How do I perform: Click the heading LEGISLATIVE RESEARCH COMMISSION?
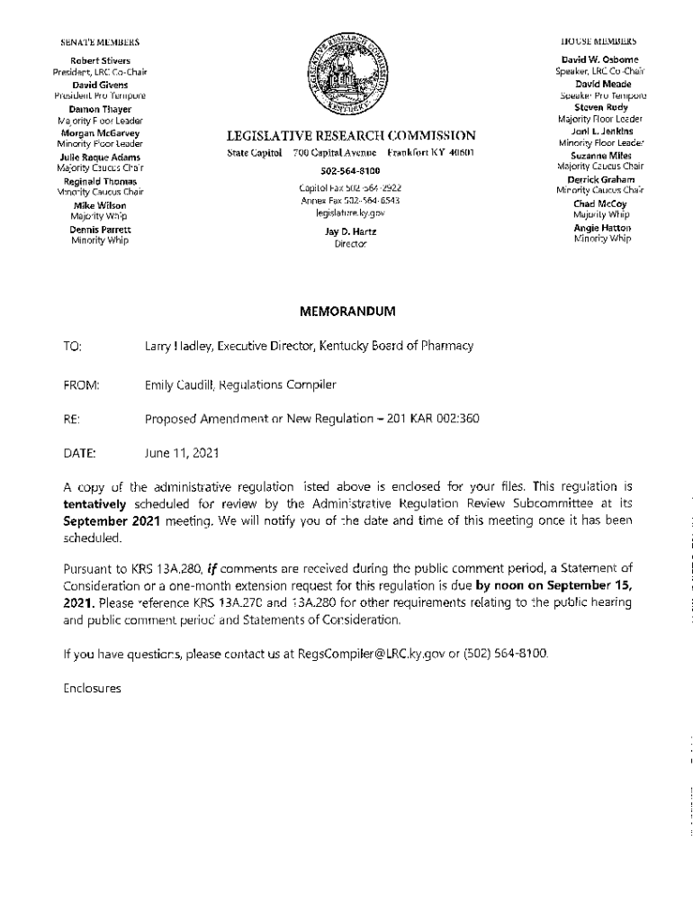pos(351,136)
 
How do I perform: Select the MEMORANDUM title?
pos(347,312)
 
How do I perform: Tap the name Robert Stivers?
pos(101,61)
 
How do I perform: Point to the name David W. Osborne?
pos(599,59)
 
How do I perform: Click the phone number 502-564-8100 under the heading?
pos(350,170)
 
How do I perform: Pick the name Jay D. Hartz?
pos(350,231)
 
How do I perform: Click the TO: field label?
pos(73,346)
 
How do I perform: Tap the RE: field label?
pos(71,419)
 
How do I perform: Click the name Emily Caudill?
pos(180,385)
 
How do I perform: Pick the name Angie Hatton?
pos(602,229)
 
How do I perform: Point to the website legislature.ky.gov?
pos(350,213)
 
